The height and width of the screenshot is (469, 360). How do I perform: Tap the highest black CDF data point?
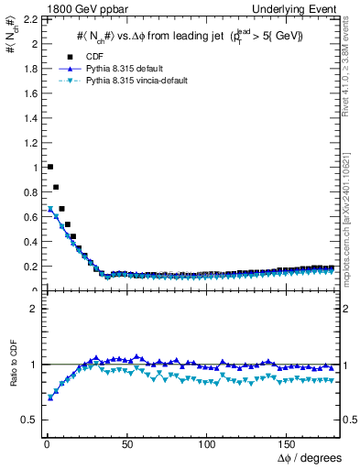point(49,167)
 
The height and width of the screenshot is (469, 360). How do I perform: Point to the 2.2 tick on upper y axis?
point(28,19)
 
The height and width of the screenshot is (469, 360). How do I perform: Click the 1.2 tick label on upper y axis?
point(28,143)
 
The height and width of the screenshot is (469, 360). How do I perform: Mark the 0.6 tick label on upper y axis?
point(28,217)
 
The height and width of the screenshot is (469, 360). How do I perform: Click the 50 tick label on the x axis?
point(127,445)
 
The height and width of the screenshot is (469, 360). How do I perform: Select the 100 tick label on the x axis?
point(208,445)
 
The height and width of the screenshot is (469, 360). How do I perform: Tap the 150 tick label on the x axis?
point(289,445)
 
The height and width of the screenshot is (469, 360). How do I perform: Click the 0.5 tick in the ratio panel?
point(28,420)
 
